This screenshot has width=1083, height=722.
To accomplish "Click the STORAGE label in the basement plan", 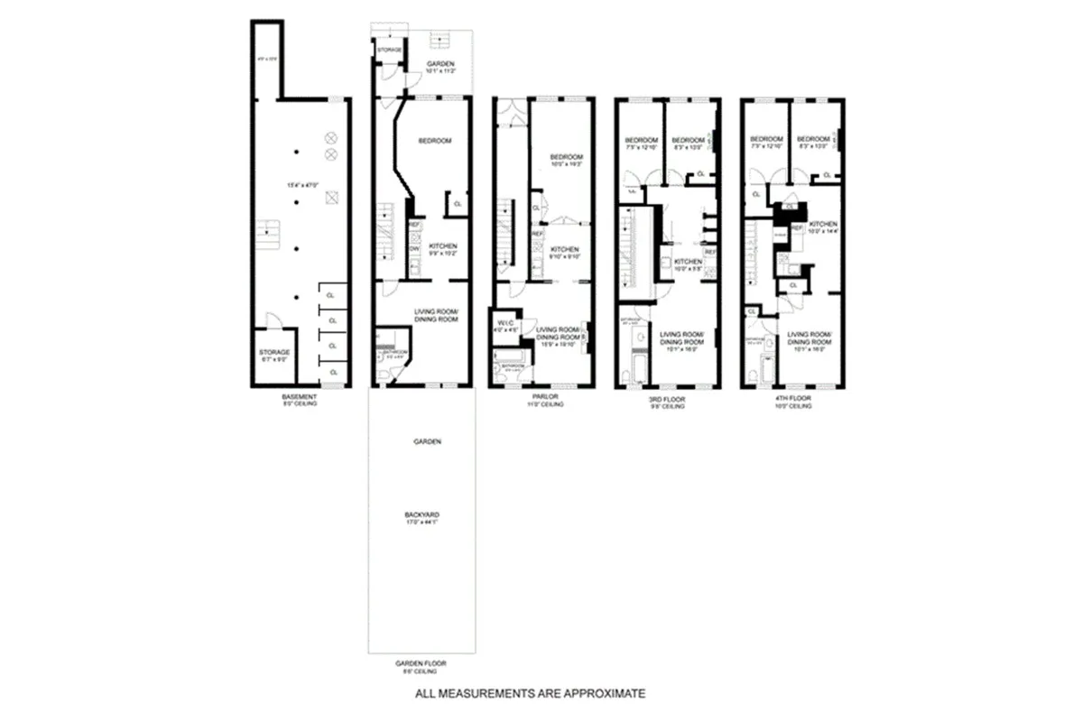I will tap(273, 351).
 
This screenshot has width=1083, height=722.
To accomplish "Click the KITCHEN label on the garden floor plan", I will tap(442, 246).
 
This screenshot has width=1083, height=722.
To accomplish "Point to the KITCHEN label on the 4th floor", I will tap(822, 224).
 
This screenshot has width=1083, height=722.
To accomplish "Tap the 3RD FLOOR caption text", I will tap(668, 398).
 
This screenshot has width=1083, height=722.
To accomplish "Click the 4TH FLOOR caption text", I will tap(793, 398).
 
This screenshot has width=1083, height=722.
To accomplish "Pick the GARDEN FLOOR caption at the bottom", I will tap(421, 663).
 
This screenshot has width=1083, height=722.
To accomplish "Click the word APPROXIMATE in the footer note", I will tap(603, 694).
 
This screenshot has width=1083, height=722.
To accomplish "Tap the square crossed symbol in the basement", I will tap(330, 198).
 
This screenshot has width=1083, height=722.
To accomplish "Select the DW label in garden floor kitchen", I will tap(414, 249).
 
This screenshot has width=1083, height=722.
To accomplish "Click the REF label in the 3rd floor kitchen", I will tap(709, 251).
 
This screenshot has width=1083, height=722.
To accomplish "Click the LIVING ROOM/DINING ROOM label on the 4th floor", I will tap(808, 338).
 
